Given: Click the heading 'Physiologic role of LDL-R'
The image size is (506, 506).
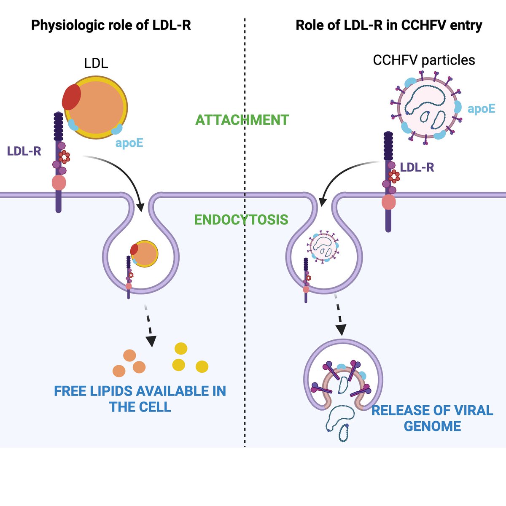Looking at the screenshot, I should tap(111, 25).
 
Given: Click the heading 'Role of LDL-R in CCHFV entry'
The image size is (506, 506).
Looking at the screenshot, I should tap(388, 25).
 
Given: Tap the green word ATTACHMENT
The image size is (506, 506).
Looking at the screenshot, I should tap(242, 120).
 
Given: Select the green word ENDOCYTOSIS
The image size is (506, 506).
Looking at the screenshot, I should tap(241, 220).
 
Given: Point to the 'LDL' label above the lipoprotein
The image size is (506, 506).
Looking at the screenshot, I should tap(96, 63).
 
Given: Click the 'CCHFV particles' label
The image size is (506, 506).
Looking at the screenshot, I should tap(424, 60).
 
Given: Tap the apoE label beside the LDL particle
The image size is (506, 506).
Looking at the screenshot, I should tap(129, 143).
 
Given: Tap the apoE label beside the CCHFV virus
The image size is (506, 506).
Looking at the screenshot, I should tap(481, 109).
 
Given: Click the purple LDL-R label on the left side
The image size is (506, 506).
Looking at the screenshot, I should tap(24, 151).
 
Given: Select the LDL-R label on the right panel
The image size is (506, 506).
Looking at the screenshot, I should tap(417, 168).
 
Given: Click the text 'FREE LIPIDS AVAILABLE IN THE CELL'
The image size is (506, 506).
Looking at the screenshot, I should tap(140, 399).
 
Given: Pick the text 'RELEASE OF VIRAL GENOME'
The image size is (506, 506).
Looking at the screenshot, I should tap(432, 418).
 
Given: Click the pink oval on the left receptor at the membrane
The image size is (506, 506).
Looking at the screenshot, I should tap(59, 183).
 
